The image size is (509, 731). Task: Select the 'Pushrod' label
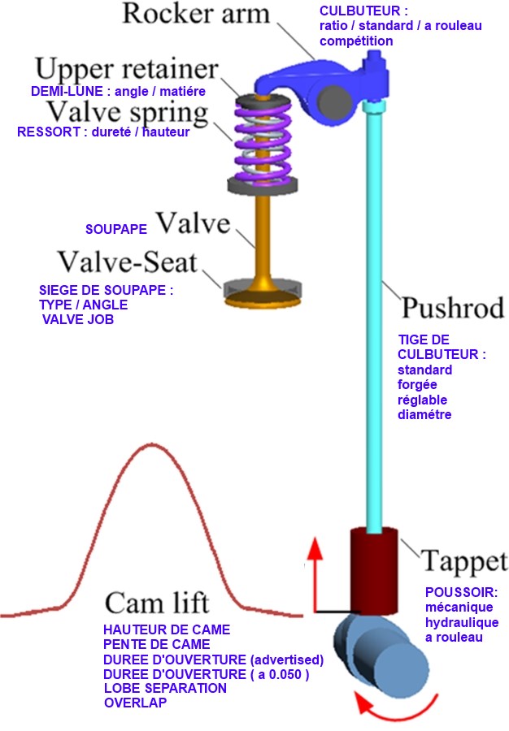pyautogui.click(x=453, y=308)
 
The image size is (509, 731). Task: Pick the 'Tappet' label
pyautogui.click(x=464, y=560)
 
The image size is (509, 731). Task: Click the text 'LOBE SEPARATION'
pyautogui.click(x=165, y=688)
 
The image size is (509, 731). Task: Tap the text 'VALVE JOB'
pyautogui.click(x=78, y=320)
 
